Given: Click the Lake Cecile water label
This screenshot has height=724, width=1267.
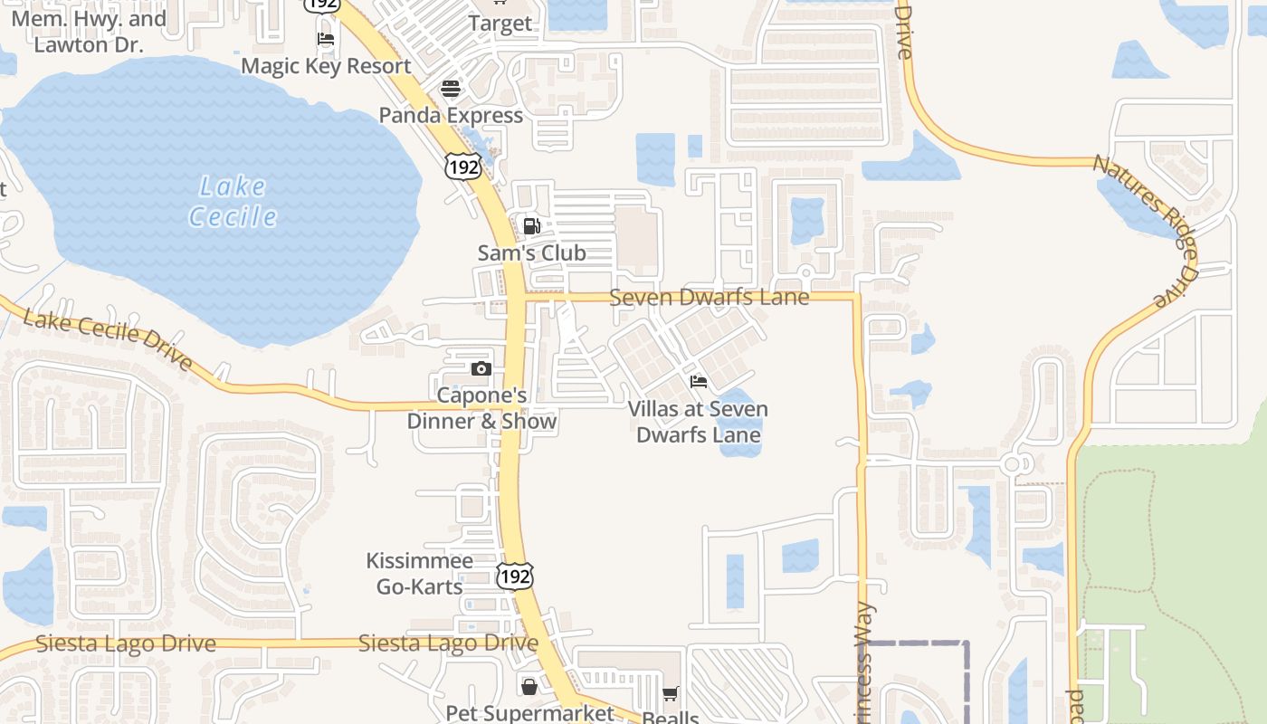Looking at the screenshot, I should click(233, 202).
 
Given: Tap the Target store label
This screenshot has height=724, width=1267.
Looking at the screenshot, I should click(500, 24).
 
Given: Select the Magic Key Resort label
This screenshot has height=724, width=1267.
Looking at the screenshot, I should click(326, 66).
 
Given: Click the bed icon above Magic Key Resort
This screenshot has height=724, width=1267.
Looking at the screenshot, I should click(326, 39).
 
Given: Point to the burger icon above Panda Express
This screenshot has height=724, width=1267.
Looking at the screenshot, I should click(451, 89).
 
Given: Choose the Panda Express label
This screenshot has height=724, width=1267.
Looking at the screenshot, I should click(451, 116).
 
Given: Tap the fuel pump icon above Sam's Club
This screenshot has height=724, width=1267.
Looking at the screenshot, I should click(532, 226).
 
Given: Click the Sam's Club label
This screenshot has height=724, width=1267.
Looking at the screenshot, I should click(532, 253).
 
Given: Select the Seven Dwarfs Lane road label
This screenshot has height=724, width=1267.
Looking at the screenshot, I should click(709, 297).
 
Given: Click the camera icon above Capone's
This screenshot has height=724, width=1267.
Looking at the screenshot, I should click(481, 368).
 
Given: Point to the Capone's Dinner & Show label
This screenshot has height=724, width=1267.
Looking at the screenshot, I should click(481, 408).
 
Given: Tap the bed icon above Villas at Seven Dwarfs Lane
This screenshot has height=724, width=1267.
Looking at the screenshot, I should click(699, 382).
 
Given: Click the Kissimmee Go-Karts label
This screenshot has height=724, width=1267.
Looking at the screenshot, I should click(419, 574).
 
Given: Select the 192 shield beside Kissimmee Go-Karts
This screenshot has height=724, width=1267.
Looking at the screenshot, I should click(515, 576).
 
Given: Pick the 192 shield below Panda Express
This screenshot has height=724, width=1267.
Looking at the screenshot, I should click(462, 167).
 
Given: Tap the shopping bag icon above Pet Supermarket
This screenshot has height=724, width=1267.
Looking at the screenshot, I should click(529, 687).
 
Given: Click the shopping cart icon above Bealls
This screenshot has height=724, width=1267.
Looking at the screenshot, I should click(670, 694).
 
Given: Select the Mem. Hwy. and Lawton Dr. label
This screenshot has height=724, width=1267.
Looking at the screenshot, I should click(89, 32).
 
